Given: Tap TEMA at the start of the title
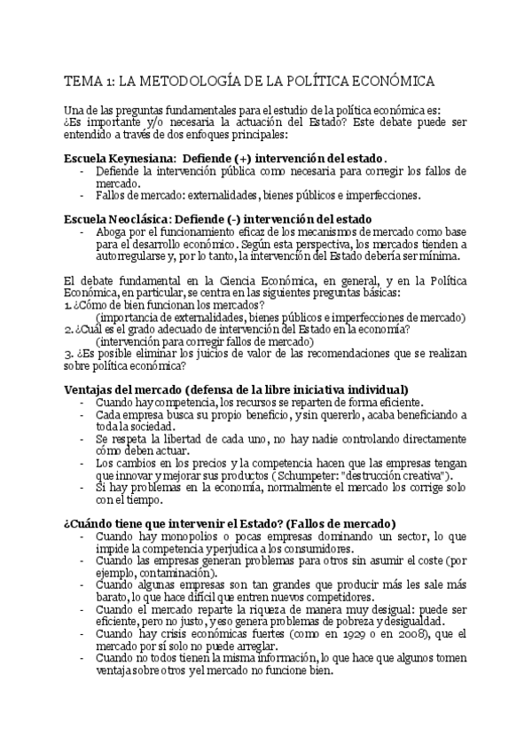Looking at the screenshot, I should pyautogui.click(x=82, y=81).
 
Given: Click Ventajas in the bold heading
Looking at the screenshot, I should pyautogui.click(x=90, y=389).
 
